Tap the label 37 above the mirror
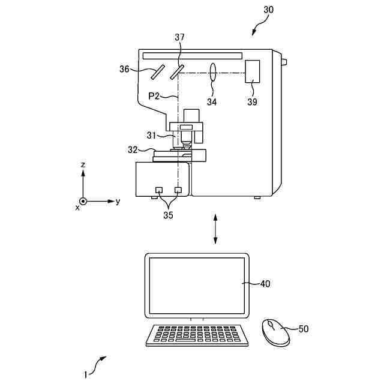pyautogui.click(x=179, y=37)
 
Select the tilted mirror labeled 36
pyautogui.click(x=158, y=73)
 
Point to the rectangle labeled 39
pyautogui.click(x=252, y=72)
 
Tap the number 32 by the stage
pyautogui.click(x=133, y=150)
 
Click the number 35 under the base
pyautogui.click(x=167, y=215)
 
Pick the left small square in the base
pyautogui.click(x=159, y=190)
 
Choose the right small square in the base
pyautogui.click(x=178, y=190)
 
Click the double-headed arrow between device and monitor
pyautogui.click(x=215, y=227)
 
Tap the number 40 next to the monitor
pyautogui.click(x=264, y=284)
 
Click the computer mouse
pyautogui.click(x=275, y=332)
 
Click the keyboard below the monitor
pyautogui.click(x=197, y=335)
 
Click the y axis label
pyautogui.click(x=118, y=202)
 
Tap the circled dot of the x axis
pyautogui.click(x=83, y=202)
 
